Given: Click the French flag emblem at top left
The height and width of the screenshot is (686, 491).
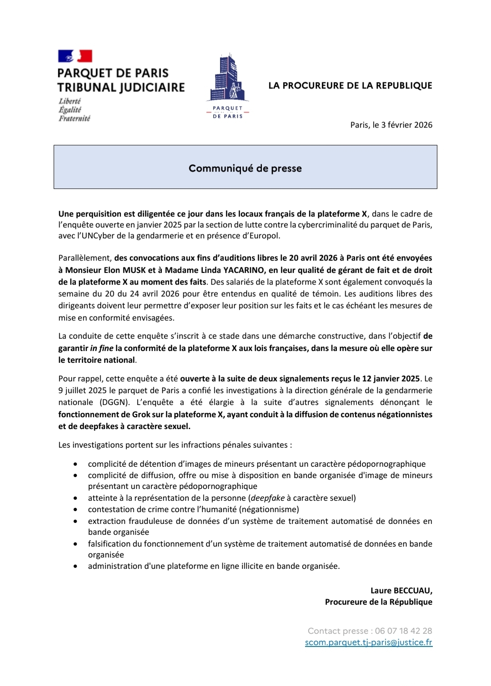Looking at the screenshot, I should point(75,56).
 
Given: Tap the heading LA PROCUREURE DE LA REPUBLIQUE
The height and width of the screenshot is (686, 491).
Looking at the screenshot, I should point(350,85).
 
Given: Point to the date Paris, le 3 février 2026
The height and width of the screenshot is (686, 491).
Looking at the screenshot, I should point(391,125).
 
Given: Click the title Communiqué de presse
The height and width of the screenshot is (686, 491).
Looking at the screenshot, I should point(245,168).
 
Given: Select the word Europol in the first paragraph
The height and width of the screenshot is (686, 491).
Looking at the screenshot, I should point(263,236).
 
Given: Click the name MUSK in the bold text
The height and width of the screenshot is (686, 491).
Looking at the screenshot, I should point(134,270).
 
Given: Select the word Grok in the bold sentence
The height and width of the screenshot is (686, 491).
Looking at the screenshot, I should point(141,414).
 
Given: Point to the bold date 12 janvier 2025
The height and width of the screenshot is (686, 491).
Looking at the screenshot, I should point(391,379).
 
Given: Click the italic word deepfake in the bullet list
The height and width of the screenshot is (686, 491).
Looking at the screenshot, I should point(268,498).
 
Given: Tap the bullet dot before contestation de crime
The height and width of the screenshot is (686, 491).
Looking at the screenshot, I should point(75,510).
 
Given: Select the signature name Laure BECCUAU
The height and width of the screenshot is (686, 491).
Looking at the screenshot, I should point(401,591).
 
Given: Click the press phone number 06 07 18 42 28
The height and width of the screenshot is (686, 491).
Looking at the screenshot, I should point(403,631).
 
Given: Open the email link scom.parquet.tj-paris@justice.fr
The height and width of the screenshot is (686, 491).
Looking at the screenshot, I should point(368,642).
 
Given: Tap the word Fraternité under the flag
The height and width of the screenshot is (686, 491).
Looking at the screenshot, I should point(75,118).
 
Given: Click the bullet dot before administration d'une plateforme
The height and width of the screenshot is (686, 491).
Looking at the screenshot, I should point(75,567).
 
